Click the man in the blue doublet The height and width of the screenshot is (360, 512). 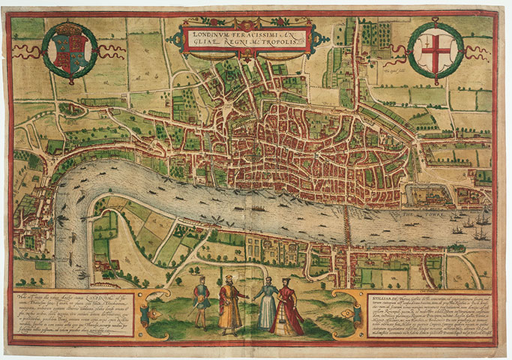(199, 301)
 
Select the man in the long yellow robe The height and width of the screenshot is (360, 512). (229, 304)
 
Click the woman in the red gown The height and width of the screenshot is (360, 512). (286, 307)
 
